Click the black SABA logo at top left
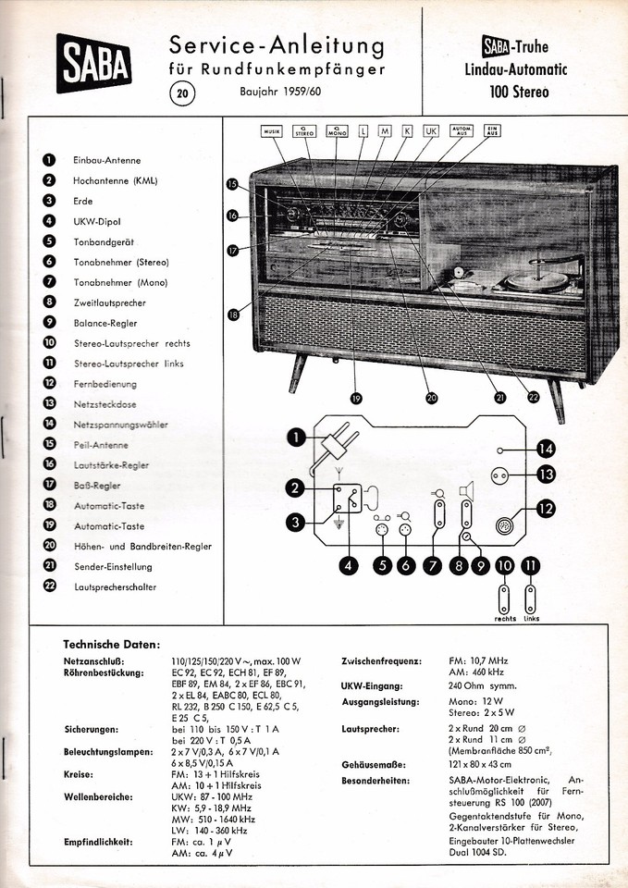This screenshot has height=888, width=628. point(94,63)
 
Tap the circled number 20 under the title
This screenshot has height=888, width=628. point(182,93)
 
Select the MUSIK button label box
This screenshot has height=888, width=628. point(271,131)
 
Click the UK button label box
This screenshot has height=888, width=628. point(431,131)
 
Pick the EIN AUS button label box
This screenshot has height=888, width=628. point(492,130)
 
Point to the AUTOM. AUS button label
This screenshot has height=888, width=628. point(462,130)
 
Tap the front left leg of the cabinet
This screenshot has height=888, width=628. point(297,374)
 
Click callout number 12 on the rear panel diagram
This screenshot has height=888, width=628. point(546,508)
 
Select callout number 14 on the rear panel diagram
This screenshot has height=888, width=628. point(546,450)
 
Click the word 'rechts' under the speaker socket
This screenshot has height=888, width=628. point(505,619)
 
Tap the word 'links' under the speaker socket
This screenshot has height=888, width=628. point(531,619)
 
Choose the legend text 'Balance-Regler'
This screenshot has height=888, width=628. point(105,324)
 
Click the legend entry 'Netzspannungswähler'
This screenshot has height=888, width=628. point(120,425)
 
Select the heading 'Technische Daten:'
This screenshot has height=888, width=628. point(112,645)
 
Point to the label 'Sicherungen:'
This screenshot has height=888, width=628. point(92,730)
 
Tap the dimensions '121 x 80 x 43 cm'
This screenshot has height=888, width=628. point(480,765)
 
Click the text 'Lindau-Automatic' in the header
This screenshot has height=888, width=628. point(516,69)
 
